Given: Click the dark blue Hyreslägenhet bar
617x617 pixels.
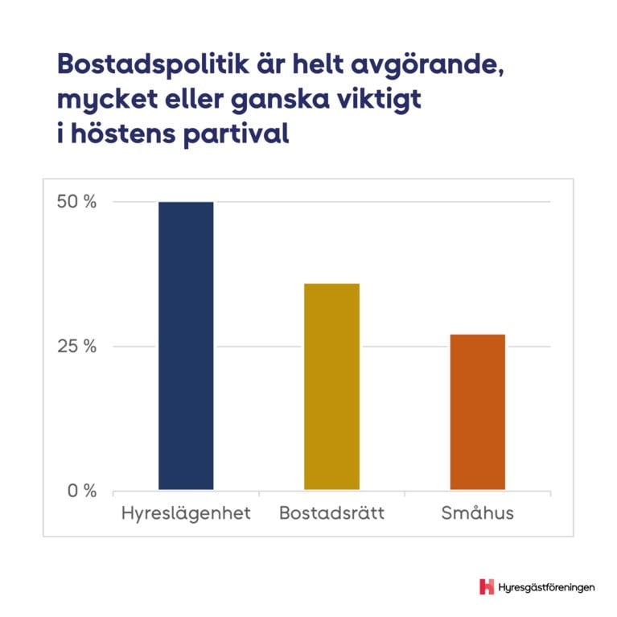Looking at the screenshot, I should coord(186,345).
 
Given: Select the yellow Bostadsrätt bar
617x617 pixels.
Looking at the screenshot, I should coord(331,386).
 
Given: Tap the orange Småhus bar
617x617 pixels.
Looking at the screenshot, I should coord(477,411).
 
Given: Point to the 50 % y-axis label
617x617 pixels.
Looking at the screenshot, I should coord(76,202).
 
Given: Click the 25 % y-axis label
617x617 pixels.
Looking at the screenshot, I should coord(76,347).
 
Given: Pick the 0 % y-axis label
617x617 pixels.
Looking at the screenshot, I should coord(80,491).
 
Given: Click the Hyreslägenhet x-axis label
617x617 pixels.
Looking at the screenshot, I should coord(186,513).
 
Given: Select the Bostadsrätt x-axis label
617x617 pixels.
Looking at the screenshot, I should coord(331,513).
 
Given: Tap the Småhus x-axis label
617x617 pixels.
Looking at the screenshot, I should coord(477,512).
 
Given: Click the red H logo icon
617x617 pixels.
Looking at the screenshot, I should coord(486,586).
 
